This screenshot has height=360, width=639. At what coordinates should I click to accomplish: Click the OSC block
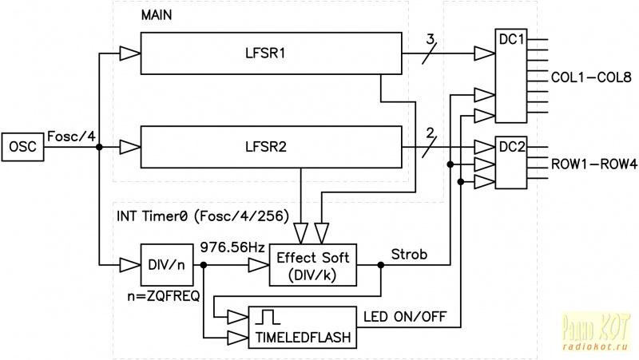pos(24,147)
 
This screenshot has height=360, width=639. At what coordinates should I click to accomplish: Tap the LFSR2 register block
pos(271,147)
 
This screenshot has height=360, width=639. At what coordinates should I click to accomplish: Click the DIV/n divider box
pos(167,263)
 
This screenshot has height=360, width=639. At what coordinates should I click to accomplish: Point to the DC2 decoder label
pos(511,147)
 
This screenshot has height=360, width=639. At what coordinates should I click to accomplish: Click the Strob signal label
pos(410,255)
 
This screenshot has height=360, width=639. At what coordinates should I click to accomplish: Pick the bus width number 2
pos(431,132)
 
